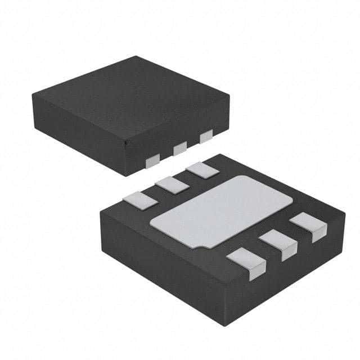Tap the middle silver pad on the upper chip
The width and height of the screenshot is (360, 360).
(180, 148)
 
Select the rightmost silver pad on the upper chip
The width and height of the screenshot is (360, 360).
(206, 136)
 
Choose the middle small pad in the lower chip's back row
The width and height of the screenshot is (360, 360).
(172, 184)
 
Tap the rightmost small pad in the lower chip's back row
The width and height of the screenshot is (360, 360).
(202, 169)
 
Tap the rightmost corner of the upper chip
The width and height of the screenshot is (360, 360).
(229, 96)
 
